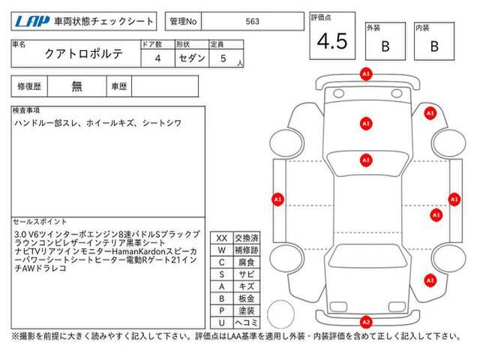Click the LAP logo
pos(32,22)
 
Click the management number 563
pos(252,22)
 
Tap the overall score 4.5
pos(332,41)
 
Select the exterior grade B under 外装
pos(385,46)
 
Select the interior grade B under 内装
pos(434,46)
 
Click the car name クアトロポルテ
pos(83,54)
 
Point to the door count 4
pos(157,58)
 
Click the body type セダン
pos(192,58)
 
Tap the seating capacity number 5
pos(223,58)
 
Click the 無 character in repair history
pos(76,86)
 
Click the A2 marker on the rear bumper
pos(366,322)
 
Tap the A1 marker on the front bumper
pos(366,74)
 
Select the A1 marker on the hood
pos(366,124)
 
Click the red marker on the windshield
pos(366,160)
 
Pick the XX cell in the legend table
pos(222,238)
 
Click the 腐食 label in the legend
pos(247,262)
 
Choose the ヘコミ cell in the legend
pos(247,322)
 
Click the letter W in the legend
pos(222,250)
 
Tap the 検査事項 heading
pos(26,110)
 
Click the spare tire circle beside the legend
pos(280,314)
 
